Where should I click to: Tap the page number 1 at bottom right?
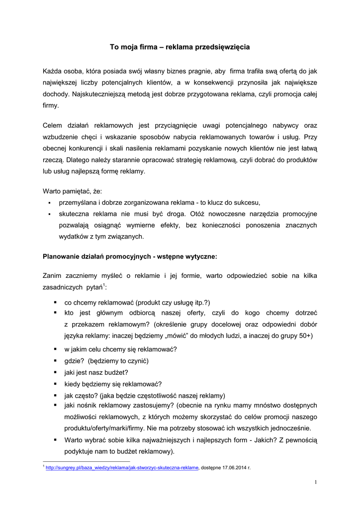click(315, 482)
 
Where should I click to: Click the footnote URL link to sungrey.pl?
click(122, 468)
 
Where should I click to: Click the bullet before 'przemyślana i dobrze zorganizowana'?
click(50, 203)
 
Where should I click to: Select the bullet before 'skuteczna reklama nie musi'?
click(50, 214)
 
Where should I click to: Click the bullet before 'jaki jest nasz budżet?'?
click(55, 372)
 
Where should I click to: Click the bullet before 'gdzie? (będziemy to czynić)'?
click(55, 361)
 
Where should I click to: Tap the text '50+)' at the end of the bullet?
click(304, 336)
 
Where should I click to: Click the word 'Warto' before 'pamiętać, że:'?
click(52, 191)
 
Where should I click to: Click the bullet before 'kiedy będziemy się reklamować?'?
click(55, 384)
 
